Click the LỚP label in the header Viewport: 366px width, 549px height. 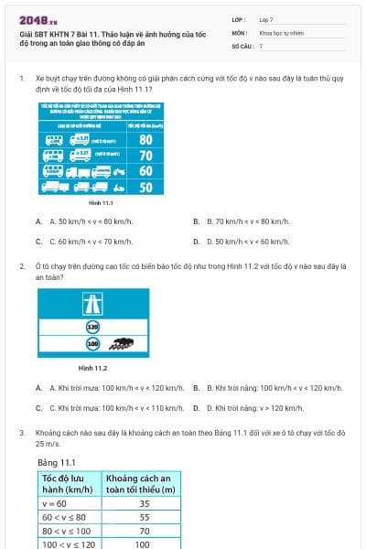[240, 19]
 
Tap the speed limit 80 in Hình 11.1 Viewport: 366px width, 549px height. [145, 140]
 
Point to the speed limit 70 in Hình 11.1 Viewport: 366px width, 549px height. [145, 156]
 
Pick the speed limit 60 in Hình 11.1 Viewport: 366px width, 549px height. [145, 171]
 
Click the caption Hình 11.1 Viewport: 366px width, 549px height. [102, 202]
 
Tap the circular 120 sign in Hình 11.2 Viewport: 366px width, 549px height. [92, 327]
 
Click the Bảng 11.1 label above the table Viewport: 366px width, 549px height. [57, 462]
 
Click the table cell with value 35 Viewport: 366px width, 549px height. [144, 503]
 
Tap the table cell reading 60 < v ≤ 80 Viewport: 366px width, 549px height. [69, 517]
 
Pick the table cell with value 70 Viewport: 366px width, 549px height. [144, 531]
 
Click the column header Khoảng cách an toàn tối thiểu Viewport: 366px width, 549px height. [142, 483]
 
